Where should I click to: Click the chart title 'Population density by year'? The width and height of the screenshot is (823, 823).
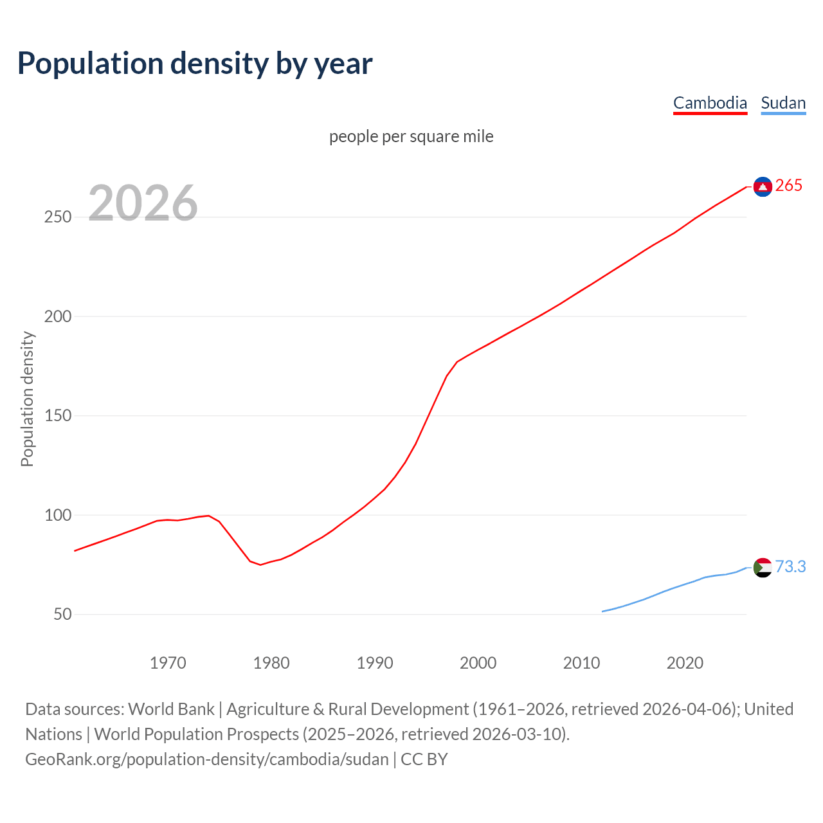click(x=195, y=64)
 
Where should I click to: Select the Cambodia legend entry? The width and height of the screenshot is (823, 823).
click(x=710, y=103)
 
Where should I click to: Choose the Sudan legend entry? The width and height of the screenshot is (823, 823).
click(x=783, y=103)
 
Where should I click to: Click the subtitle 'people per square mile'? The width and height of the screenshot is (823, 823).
click(x=411, y=136)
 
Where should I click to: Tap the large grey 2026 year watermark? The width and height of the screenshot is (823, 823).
click(x=143, y=203)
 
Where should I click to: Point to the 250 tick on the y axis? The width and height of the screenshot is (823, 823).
click(x=57, y=217)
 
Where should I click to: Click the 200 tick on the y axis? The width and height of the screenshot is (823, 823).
click(x=57, y=316)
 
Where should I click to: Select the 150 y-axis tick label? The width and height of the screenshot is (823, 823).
click(x=57, y=416)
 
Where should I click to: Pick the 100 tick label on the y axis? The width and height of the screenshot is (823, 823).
click(x=57, y=515)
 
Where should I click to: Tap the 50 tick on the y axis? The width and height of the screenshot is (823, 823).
click(x=62, y=615)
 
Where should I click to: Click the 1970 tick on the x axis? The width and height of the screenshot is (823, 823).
click(x=168, y=663)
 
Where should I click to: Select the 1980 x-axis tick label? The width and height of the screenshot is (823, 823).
click(x=271, y=663)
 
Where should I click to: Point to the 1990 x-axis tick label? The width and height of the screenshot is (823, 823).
click(x=375, y=663)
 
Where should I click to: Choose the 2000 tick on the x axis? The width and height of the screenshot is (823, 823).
click(x=478, y=663)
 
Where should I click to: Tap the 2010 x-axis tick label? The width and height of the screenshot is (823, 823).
click(x=581, y=663)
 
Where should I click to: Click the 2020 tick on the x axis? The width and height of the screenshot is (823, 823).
click(x=685, y=663)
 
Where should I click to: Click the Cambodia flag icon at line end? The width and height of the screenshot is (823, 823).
click(x=763, y=186)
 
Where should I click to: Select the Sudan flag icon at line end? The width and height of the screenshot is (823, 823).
click(x=763, y=568)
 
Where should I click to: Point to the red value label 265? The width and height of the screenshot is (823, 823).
click(x=789, y=186)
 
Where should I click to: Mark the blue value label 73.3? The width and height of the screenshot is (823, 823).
click(x=790, y=566)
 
